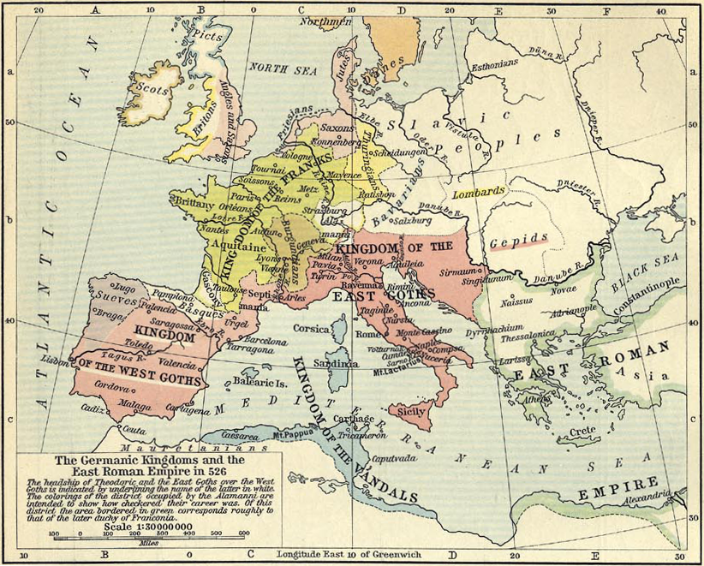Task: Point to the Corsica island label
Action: coord(312,328)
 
